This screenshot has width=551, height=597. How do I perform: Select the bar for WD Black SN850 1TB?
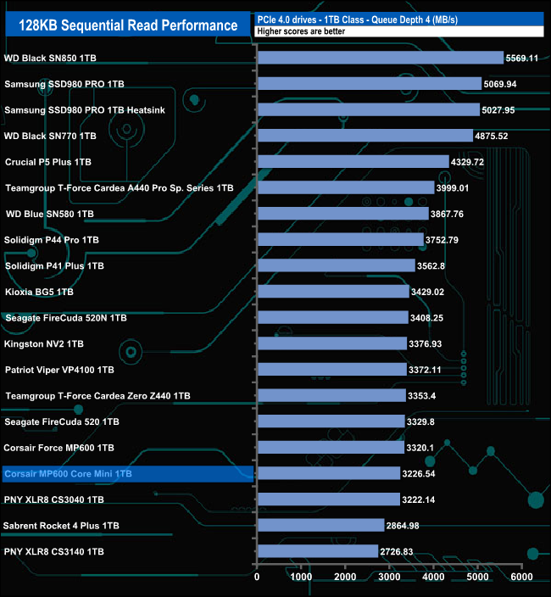[x=380, y=58]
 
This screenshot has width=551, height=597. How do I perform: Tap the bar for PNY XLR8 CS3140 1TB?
[x=317, y=551]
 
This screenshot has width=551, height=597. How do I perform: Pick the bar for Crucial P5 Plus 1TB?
[x=353, y=161]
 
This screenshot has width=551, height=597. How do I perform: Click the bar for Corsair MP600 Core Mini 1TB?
[x=328, y=473]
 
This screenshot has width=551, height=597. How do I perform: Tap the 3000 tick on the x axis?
[x=389, y=577]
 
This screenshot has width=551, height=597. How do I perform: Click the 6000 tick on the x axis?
[x=522, y=577]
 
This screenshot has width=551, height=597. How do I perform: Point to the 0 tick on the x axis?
[x=257, y=577]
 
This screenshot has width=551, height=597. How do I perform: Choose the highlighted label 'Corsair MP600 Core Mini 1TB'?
[x=68, y=473]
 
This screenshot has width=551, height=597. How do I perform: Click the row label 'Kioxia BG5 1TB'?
[x=39, y=292]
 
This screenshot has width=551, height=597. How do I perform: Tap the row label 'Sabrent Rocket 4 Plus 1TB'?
[x=61, y=526]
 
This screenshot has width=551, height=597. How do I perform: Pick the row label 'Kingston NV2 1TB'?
[x=44, y=343]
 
